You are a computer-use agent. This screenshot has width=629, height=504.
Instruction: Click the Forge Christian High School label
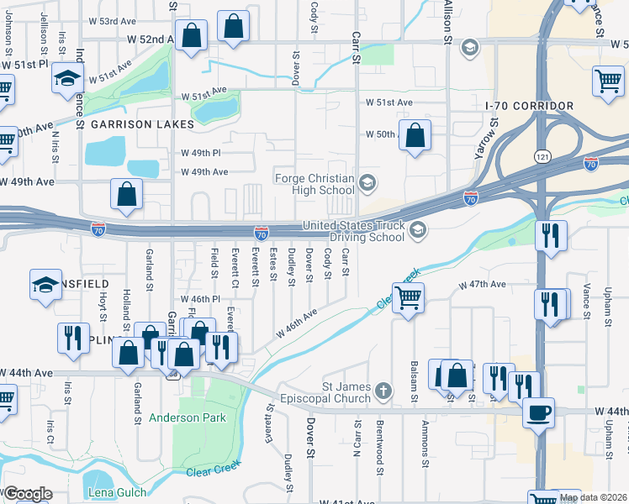click(314, 183)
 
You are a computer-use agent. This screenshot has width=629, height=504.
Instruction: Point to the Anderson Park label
click(186, 417)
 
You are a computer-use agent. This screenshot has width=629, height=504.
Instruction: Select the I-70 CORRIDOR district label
click(529, 106)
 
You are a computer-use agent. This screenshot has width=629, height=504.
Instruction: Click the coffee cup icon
click(538, 412)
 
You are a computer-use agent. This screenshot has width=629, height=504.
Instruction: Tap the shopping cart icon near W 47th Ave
click(408, 297)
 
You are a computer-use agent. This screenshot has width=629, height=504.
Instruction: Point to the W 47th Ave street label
click(482, 286)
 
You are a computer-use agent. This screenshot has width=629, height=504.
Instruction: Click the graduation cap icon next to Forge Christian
click(367, 182)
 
